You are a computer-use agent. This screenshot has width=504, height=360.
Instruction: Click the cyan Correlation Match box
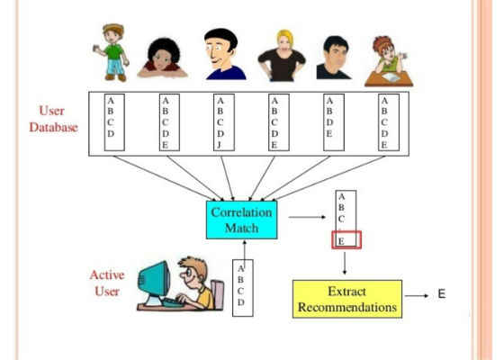click(x=242, y=220)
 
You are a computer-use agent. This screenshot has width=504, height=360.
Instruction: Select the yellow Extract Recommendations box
click(x=347, y=299)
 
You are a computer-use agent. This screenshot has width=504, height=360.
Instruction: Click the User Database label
click(x=53, y=119)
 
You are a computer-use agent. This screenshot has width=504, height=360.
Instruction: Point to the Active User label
click(x=107, y=283)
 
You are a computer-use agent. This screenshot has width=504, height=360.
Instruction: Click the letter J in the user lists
click(x=220, y=145)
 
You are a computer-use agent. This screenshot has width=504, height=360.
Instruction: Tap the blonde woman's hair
click(x=285, y=39)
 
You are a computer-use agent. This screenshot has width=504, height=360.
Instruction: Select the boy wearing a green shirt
click(x=112, y=52)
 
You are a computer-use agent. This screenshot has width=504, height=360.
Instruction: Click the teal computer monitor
click(x=154, y=280)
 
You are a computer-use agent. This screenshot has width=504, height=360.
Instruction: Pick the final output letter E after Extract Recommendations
click(x=442, y=293)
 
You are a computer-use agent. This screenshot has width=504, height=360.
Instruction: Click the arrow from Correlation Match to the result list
click(x=307, y=217)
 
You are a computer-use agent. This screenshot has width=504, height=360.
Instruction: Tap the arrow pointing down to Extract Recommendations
click(x=345, y=263)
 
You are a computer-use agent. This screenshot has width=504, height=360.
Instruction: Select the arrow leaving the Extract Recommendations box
click(x=417, y=296)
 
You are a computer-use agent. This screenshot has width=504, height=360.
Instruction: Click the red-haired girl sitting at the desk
click(x=389, y=61)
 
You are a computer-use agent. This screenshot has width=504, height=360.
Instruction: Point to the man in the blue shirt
click(x=225, y=54)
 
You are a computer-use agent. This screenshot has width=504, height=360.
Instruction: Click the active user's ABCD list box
click(x=243, y=288)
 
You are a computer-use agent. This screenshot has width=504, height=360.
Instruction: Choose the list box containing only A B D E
click(x=334, y=122)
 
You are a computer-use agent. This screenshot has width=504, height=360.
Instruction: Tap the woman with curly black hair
click(x=163, y=58)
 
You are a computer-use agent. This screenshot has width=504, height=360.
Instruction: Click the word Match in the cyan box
click(x=242, y=228)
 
